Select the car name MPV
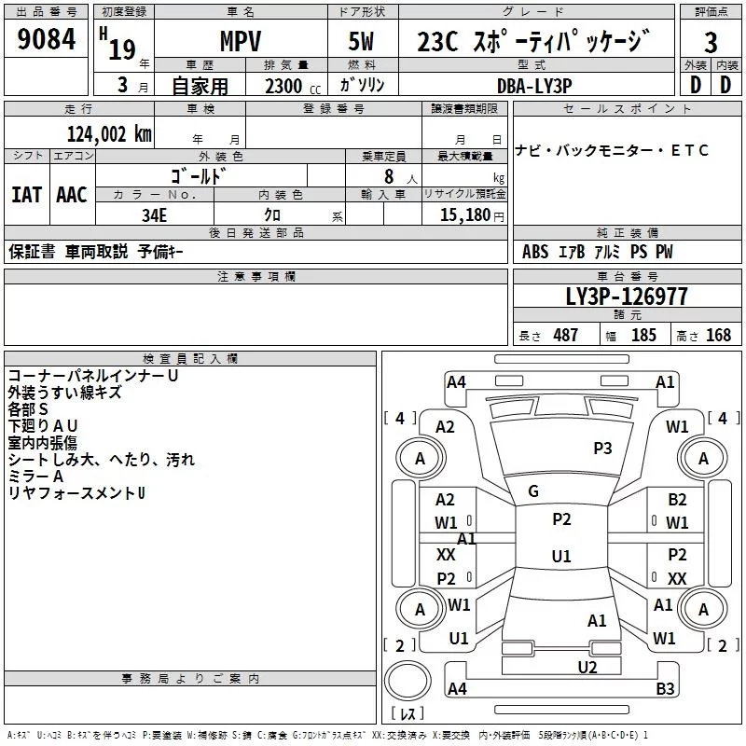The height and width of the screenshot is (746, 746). [x=240, y=43]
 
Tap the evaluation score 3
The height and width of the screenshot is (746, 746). [x=711, y=43]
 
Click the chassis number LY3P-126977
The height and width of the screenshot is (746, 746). [x=627, y=297]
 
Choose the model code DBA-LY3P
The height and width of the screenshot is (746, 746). [x=534, y=85]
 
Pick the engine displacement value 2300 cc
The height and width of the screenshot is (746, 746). [x=284, y=86]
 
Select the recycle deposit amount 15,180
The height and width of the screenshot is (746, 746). [x=463, y=214]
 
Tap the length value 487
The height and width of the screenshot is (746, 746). [x=565, y=335]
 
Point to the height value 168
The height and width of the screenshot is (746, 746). [x=718, y=335]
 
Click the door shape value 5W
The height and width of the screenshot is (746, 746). [x=363, y=43]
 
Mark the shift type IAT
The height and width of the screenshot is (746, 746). [x=26, y=195]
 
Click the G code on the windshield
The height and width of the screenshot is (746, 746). [x=533, y=491]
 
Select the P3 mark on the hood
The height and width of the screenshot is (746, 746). [x=602, y=449]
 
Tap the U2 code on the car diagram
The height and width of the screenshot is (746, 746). [x=587, y=667]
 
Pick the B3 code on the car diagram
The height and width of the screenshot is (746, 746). [x=665, y=690]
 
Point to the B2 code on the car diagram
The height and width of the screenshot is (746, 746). [x=677, y=500]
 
